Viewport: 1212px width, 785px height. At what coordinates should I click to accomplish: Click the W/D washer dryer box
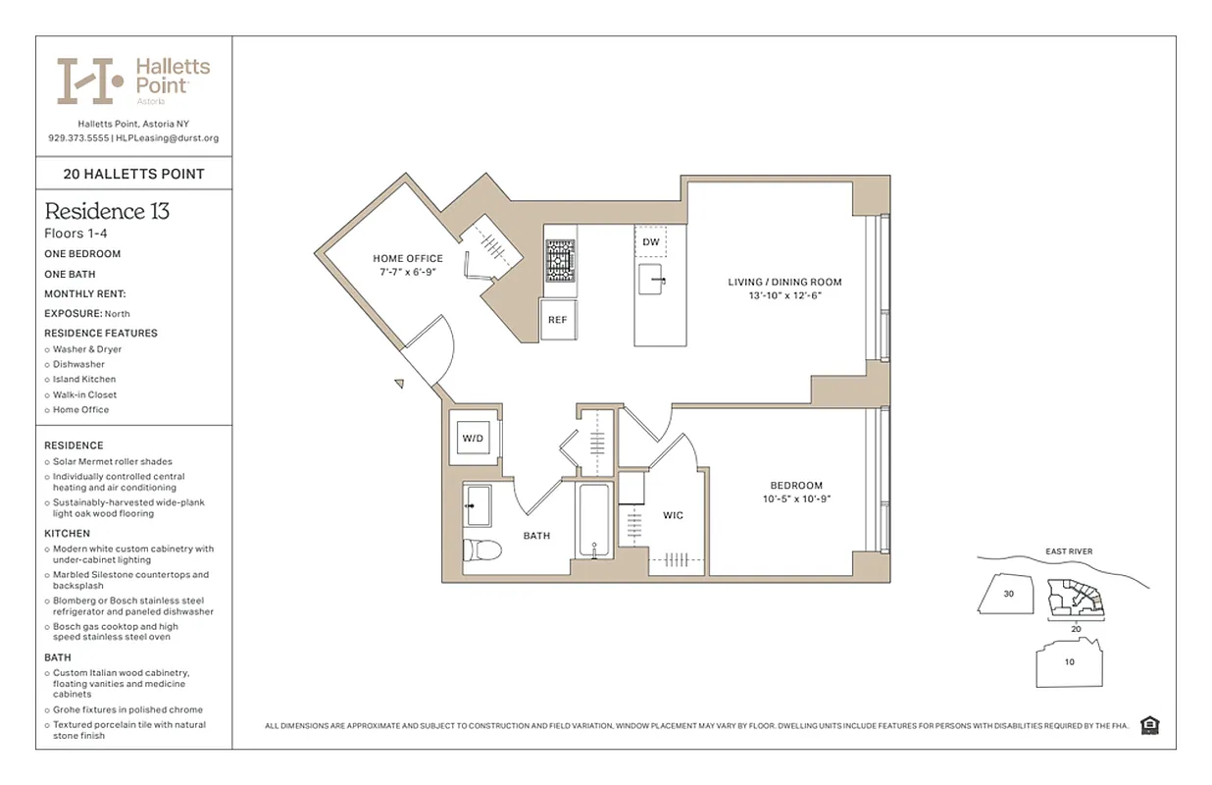[x=473, y=438]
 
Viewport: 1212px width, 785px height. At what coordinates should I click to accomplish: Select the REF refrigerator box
[x=557, y=320]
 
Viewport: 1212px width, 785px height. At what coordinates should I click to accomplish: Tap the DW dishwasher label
[x=651, y=241]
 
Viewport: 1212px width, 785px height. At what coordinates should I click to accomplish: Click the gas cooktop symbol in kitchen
[x=561, y=262]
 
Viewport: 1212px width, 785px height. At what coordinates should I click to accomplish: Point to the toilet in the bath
[x=482, y=550]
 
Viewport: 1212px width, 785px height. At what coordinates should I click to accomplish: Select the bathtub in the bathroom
[x=594, y=520]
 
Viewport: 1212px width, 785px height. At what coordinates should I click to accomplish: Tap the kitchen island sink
[x=653, y=281]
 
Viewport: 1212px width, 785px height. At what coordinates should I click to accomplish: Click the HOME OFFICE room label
[x=407, y=259]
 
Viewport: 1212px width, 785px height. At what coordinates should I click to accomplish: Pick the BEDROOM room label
[x=795, y=486]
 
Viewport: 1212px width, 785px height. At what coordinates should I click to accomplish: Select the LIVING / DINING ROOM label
[x=784, y=283]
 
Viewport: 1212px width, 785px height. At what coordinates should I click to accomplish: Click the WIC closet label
[x=673, y=515]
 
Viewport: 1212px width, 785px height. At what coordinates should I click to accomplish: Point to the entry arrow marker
[x=400, y=384]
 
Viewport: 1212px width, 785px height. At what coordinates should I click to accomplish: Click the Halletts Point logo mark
[x=90, y=80]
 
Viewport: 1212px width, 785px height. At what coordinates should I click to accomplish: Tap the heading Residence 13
[x=107, y=211]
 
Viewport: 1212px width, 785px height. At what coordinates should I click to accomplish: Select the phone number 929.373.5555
[x=77, y=138]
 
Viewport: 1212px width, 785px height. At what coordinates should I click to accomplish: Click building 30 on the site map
[x=1008, y=594]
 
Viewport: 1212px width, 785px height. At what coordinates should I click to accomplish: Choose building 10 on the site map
[x=1069, y=661]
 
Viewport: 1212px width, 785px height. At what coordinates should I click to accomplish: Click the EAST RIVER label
[x=1068, y=551]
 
